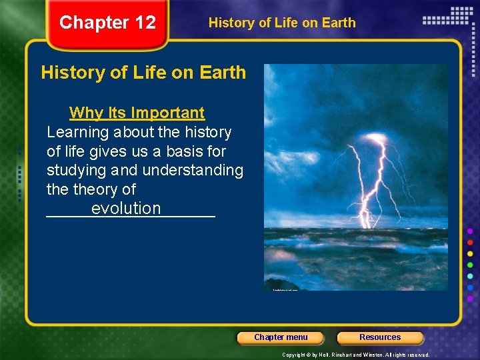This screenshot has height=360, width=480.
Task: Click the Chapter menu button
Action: [281, 337]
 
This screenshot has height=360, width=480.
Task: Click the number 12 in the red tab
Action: [145, 23]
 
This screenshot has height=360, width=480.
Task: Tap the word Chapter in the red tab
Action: [94, 23]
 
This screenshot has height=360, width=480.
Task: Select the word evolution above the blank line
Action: [126, 208]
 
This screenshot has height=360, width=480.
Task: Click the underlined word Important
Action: [168, 113]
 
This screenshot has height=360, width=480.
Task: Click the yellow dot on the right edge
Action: [470, 253]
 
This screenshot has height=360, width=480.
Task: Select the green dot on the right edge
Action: [470, 265]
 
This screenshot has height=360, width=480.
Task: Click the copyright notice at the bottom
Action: [355, 355]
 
